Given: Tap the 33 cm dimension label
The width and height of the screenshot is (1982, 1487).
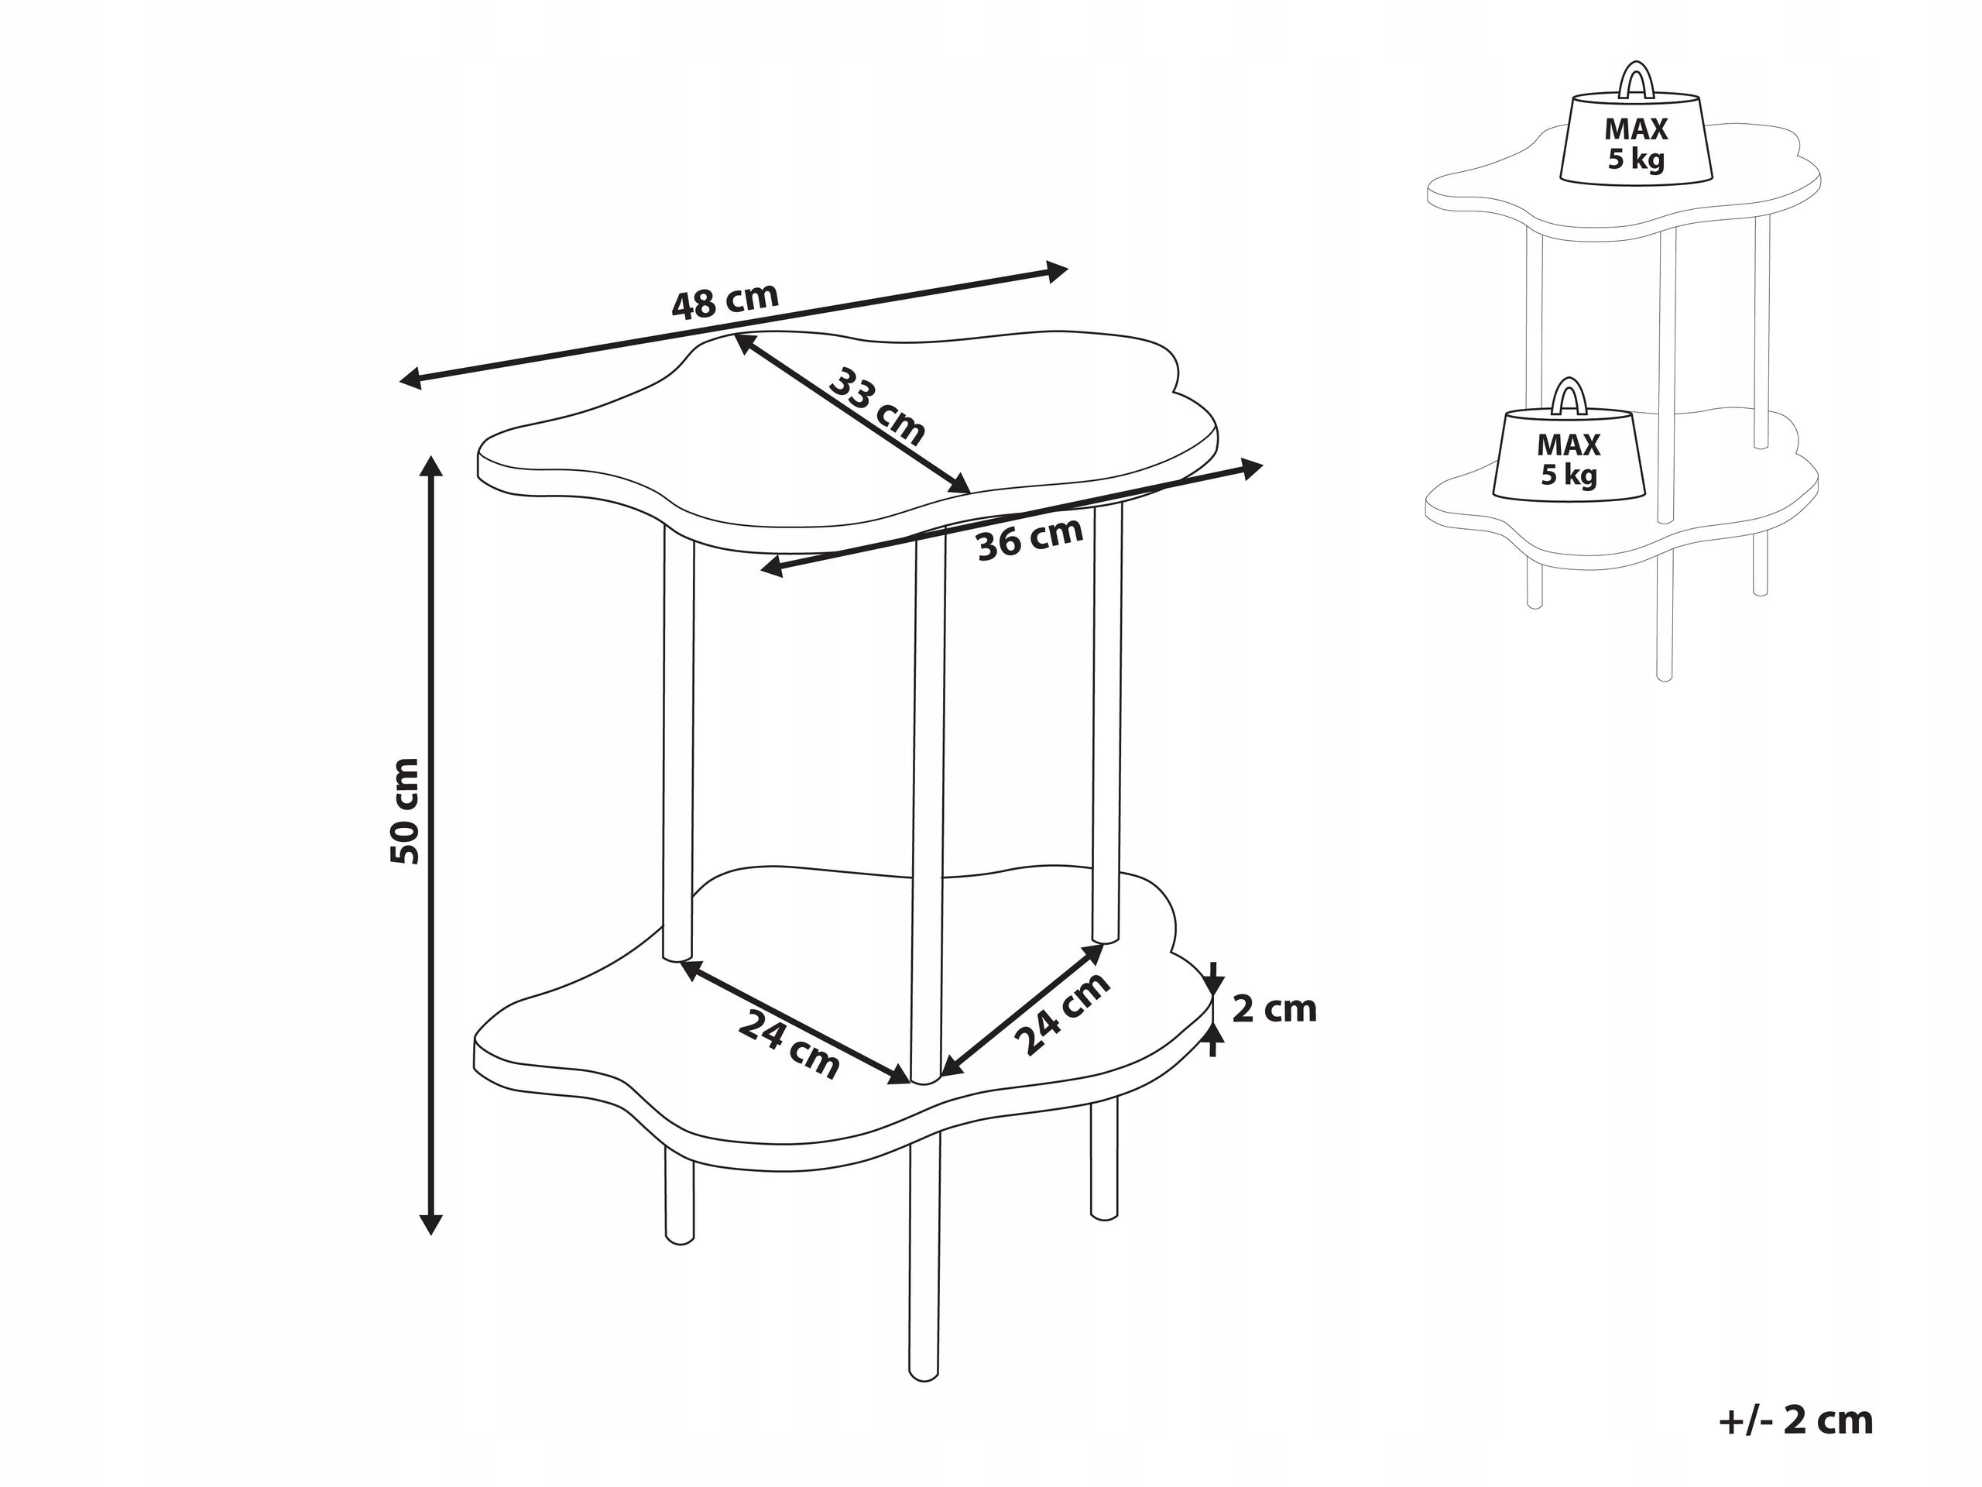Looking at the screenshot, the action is (x=876, y=406).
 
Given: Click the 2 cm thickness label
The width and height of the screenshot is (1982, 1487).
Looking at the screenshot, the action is (x=1274, y=1009).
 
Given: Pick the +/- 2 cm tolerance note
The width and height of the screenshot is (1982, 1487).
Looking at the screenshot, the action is (x=1796, y=1420).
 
